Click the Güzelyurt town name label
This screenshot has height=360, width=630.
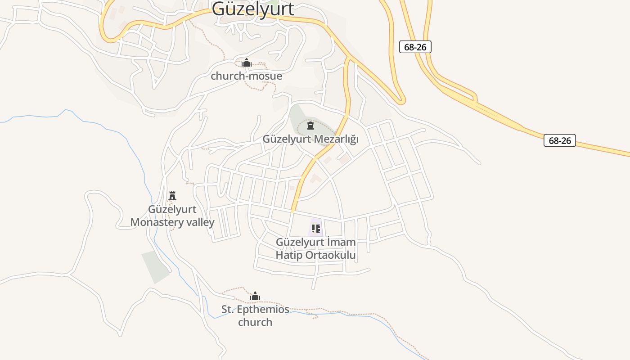click(x=253, y=9)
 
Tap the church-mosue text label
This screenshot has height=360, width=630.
click(x=246, y=76)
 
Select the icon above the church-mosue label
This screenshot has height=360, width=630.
click(x=246, y=63)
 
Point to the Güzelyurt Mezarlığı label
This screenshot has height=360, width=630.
click(x=310, y=139)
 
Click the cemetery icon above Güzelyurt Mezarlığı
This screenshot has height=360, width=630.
click(x=310, y=125)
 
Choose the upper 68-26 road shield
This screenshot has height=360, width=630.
click(x=415, y=47)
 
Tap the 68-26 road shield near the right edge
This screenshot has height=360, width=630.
click(x=560, y=140)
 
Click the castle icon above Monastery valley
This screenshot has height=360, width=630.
click(x=172, y=195)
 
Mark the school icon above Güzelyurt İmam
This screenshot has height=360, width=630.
click(x=315, y=229)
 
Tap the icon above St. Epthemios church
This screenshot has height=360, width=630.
click(x=255, y=296)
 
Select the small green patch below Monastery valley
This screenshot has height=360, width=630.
click(x=155, y=266)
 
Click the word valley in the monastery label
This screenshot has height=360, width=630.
click(x=197, y=222)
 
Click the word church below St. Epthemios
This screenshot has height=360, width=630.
click(x=255, y=322)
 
